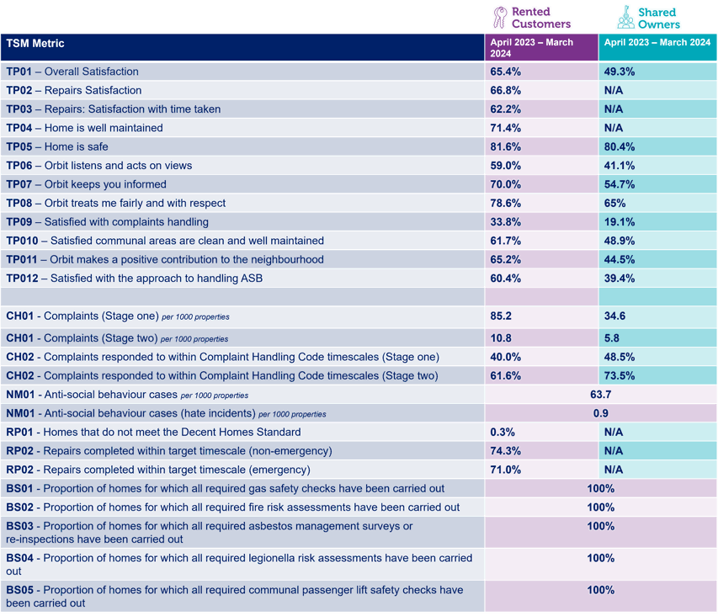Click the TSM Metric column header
[x=35, y=43]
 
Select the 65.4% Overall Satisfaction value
[x=506, y=72]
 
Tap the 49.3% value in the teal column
[x=620, y=72]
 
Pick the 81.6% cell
[x=506, y=146]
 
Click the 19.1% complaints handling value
[x=620, y=222]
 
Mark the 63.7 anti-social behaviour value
[x=600, y=394]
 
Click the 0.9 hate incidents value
[x=600, y=413]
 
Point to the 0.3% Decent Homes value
[x=503, y=432]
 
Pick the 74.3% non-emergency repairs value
[x=506, y=451]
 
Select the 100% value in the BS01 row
[x=600, y=489]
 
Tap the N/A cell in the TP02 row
[x=614, y=90]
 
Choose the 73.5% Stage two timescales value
[x=620, y=375]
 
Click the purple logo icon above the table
[x=500, y=16]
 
